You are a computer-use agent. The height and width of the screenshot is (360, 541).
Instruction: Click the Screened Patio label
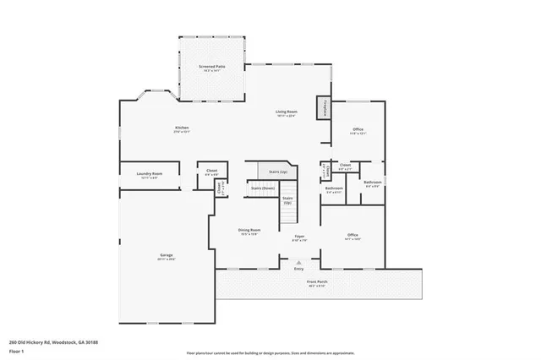[x=212, y=66]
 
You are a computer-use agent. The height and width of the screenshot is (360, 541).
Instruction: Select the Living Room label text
[x=286, y=112]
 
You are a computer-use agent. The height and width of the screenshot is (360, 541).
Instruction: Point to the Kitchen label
[x=182, y=128]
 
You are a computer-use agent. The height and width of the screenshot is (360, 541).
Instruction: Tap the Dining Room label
[x=249, y=230]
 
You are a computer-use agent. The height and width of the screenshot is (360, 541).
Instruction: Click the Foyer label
[x=299, y=236]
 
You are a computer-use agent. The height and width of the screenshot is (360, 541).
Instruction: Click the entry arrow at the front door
[x=299, y=263]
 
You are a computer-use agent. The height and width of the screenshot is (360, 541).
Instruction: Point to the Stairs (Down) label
[x=263, y=188]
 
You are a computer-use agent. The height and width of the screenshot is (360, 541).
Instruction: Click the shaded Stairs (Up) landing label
[x=276, y=172]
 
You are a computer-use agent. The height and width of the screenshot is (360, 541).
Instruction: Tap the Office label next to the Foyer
[x=352, y=235]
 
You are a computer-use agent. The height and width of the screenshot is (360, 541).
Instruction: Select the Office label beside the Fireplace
[x=358, y=128]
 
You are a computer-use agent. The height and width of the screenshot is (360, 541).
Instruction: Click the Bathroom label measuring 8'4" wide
[x=373, y=182]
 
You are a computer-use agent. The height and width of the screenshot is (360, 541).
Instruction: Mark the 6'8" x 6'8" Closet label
[x=211, y=171]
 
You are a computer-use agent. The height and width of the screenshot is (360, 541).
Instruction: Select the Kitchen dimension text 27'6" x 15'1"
[x=182, y=133]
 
